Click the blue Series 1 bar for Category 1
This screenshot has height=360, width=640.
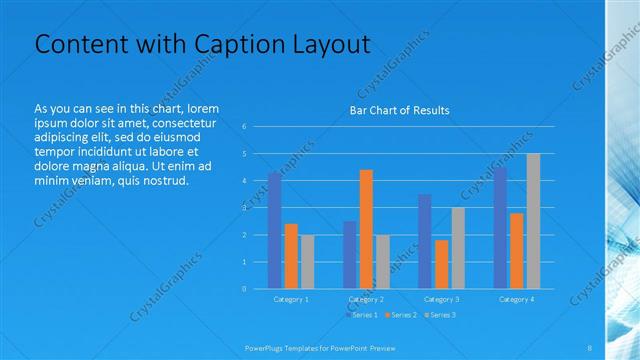point(274,230)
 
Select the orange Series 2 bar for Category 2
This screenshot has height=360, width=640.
point(366,229)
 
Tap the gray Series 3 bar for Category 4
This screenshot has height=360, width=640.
point(533,221)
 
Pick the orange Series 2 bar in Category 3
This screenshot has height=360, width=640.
point(441,264)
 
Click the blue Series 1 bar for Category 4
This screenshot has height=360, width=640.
point(500,228)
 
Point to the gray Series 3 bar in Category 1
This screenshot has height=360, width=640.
point(307,262)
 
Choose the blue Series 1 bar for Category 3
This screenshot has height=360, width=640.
point(425,241)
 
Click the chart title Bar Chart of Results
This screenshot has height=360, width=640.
point(399,110)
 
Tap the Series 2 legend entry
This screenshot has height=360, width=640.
point(400,315)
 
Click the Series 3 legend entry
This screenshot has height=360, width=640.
point(440,315)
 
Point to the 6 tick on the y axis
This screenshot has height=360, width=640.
point(244,127)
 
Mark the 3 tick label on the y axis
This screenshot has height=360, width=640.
point(244,208)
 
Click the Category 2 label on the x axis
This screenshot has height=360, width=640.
point(366,299)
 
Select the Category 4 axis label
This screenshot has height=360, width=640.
point(516,299)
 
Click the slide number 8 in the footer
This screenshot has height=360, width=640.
point(590,346)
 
